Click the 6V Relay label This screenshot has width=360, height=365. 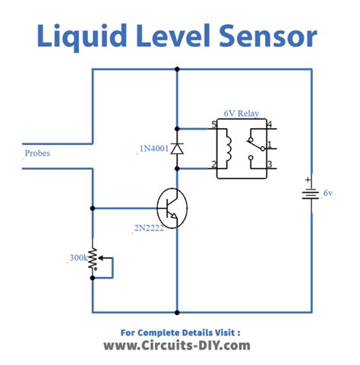point(241,113)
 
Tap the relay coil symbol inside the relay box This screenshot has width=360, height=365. point(226,146)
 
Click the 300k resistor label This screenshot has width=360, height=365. point(76,258)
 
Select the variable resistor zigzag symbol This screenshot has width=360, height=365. point(93,258)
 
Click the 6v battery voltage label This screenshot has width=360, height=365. point(327,194)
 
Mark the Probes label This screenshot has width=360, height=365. point(39,152)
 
